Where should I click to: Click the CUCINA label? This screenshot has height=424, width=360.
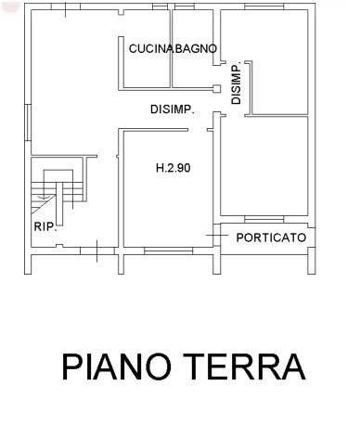click(x=150, y=49)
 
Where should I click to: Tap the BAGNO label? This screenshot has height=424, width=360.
click(x=195, y=48)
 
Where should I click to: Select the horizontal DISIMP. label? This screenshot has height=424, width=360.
click(x=173, y=109)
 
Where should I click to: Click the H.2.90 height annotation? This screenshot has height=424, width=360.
click(x=174, y=168)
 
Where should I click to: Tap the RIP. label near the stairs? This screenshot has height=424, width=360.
click(x=45, y=226)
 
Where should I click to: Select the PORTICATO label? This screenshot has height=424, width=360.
click(x=271, y=238)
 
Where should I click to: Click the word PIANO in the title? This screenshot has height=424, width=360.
click(x=117, y=366)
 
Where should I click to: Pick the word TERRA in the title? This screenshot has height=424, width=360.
click(x=244, y=366)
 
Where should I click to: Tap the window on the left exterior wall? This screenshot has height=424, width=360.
click(x=28, y=122)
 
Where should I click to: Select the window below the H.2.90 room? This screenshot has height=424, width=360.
click(x=169, y=251)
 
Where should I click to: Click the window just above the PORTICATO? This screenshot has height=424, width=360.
click(x=264, y=219)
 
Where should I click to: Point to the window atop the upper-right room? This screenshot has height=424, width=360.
click(x=264, y=6)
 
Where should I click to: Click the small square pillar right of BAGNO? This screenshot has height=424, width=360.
click(x=217, y=89)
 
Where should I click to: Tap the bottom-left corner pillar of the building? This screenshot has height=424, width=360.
click(x=28, y=264)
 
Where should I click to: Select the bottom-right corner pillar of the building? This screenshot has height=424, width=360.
click(x=312, y=261)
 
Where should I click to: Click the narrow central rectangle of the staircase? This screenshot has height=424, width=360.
click(x=59, y=204)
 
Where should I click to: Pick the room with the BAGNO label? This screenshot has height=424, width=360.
click(x=192, y=48)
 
